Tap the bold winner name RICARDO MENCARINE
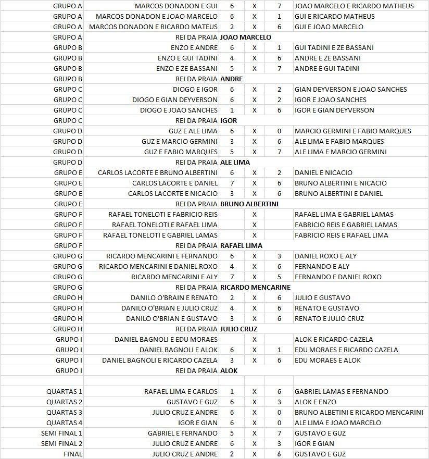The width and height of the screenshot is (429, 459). click(x=255, y=287)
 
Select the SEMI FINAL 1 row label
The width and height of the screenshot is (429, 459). click(x=61, y=433)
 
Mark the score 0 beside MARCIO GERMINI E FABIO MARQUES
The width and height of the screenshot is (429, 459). click(x=279, y=131)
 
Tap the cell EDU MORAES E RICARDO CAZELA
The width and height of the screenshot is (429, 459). click(x=346, y=350)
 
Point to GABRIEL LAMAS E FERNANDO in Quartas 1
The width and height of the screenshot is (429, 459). click(x=341, y=391)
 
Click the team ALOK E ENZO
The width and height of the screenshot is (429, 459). click(x=315, y=402)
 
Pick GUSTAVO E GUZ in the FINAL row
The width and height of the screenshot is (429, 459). click(x=320, y=454)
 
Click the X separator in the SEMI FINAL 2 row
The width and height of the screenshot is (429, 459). click(x=254, y=443)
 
